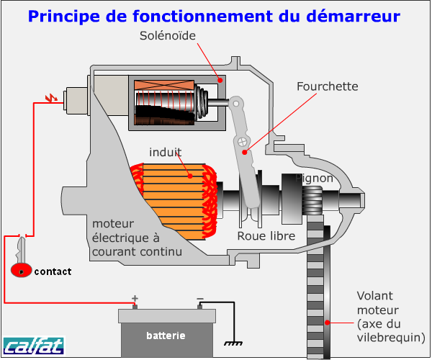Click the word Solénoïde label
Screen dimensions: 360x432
168,35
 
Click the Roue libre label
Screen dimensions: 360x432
268,235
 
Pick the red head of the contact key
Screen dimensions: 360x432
22,271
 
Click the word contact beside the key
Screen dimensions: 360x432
53,271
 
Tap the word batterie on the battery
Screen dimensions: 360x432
166,336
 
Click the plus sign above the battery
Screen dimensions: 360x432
135,298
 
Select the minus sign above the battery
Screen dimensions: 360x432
200,298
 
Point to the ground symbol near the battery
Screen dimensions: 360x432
233,341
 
